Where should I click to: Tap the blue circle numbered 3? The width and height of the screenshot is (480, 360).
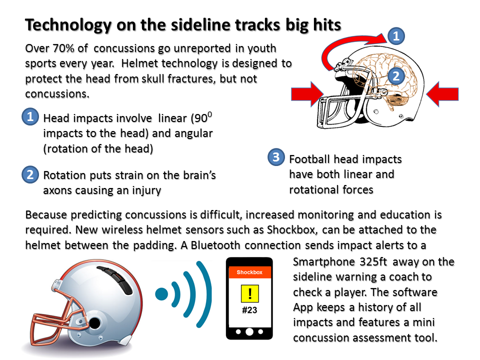tap(276, 157)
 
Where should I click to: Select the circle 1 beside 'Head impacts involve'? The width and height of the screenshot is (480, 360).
tap(30, 116)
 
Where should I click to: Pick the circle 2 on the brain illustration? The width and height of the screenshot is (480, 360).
tap(396, 75)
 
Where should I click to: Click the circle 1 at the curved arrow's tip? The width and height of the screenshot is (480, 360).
tap(396, 36)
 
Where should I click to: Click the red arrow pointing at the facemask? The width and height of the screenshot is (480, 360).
tap(307, 94)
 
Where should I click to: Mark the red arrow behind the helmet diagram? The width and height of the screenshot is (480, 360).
tap(442, 94)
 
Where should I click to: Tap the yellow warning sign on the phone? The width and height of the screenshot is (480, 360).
tap(250, 293)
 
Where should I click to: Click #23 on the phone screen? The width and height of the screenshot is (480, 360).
tap(249, 310)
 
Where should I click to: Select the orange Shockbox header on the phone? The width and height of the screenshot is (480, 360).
tap(250, 272)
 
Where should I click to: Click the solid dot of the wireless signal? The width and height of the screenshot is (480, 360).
tap(161, 294)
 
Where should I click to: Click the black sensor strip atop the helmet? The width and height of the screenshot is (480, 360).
tap(115, 279)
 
